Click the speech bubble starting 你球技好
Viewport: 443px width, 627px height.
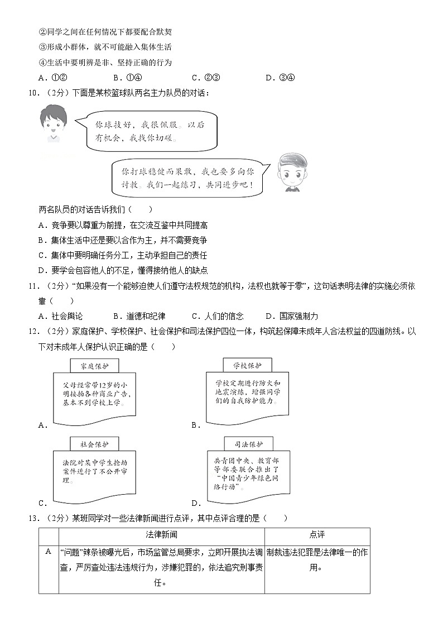click(x=151, y=131)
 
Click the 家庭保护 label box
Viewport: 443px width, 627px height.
click(x=94, y=366)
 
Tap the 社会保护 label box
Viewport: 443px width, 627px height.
click(x=94, y=444)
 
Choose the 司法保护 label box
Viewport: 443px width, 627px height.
click(x=248, y=444)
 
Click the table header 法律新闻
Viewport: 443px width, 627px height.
click(x=161, y=535)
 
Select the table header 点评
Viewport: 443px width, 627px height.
click(x=316, y=535)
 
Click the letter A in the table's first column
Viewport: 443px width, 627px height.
click(x=49, y=552)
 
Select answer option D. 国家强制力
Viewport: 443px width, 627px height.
click(x=292, y=316)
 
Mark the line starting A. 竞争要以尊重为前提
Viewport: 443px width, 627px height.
click(x=123, y=225)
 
